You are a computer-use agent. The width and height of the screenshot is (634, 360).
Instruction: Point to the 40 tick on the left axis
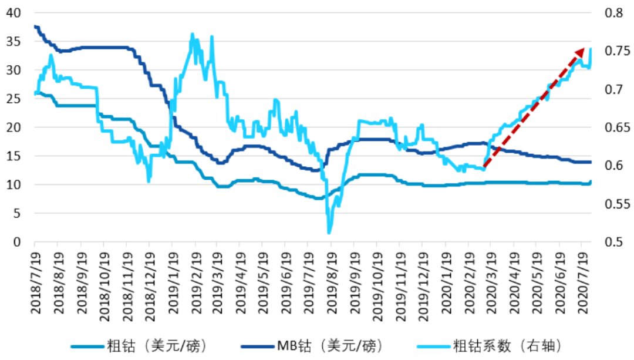coord(12,12)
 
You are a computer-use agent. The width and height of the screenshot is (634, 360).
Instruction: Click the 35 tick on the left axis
coord(12,41)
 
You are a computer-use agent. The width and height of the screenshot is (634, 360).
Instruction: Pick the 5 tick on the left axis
coord(16,213)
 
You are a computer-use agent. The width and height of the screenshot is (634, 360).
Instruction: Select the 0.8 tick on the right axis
coord(611,12)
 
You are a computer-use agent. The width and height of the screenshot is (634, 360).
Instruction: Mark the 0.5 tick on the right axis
coord(611,242)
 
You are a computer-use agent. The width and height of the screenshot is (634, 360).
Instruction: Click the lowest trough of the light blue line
coord(329,233)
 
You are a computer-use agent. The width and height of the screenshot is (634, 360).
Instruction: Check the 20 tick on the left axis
coord(12,127)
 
